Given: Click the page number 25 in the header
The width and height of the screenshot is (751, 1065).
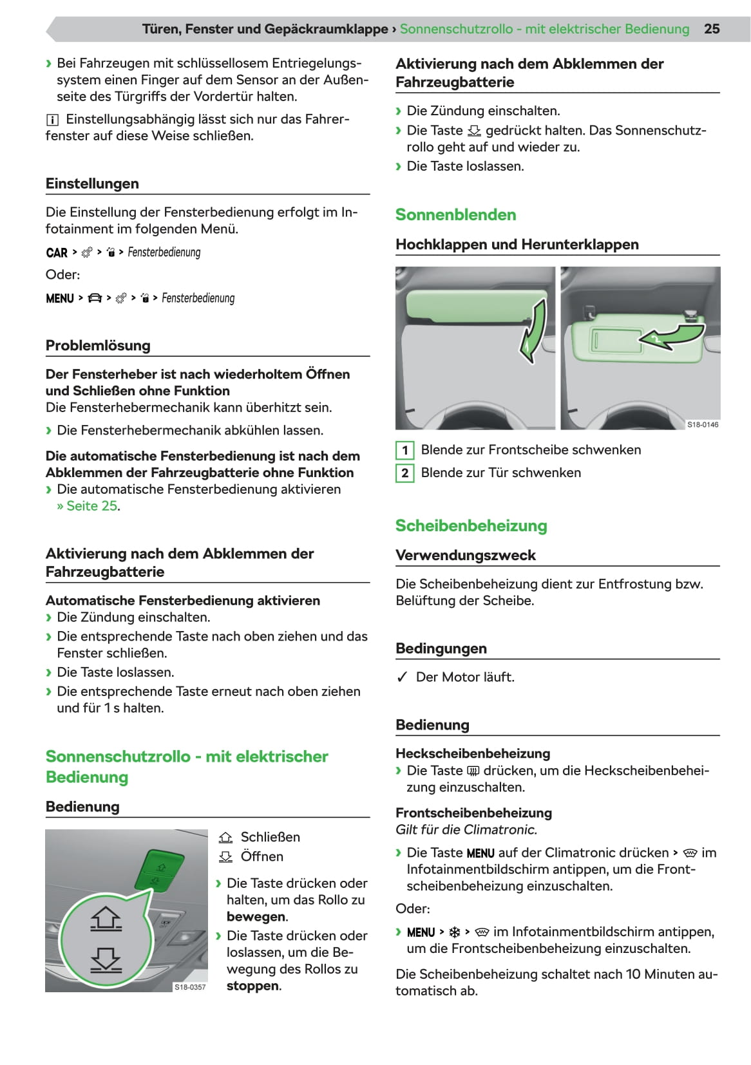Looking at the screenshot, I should pos(712,29).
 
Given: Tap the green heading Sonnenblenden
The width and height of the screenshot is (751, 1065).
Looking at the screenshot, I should pos(455,214).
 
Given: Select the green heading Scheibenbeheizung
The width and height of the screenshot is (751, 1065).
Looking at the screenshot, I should pos(471,525).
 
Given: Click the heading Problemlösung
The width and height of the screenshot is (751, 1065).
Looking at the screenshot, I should pos(98,345).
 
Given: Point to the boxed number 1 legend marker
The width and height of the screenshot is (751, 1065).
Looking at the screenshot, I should pos(404,450).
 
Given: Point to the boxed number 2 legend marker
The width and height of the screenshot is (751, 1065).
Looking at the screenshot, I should pos(404,473).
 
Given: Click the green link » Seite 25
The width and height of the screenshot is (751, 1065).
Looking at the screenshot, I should pos(88,506).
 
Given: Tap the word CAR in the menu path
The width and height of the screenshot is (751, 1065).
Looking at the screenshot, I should pos(57,252).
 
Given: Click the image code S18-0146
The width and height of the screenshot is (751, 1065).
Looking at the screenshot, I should pos(702,424).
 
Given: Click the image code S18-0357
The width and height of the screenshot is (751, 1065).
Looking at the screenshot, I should pos(190,986).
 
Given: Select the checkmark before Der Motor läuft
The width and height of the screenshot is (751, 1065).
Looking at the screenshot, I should pos(403,677).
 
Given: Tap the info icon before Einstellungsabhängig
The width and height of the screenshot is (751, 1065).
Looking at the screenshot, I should pos(52,120).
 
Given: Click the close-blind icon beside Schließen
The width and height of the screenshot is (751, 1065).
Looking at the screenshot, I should pos(225,837).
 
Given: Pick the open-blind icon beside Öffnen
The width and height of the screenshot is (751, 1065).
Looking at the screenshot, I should pos(225,857).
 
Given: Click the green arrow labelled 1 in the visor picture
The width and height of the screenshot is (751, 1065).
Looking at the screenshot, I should pos(533,332).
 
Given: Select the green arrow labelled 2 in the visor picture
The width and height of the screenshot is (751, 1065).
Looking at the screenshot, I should pos(673,336).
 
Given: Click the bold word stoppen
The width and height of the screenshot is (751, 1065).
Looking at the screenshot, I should pos(253,986).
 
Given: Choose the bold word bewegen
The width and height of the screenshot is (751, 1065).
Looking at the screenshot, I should pos(256,916).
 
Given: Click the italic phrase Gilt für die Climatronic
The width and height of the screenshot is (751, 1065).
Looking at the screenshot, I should pos(466,829).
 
